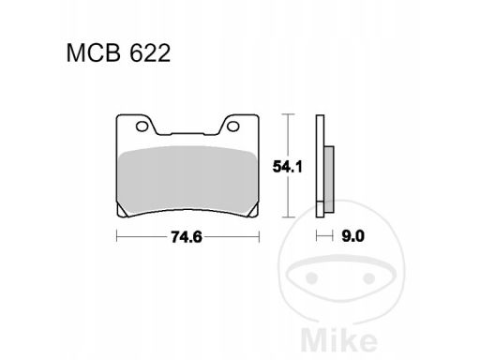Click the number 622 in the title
pos(150,53)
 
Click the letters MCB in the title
pos(94,53)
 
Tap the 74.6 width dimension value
pos(187,237)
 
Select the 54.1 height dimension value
pos(288,167)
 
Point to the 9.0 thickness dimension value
pos(352,236)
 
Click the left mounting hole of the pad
pos(142,127)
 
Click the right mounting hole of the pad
pos(233,127)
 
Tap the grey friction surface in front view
pos(187,180)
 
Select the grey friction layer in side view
pos(329,180)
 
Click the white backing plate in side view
pos(320,166)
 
